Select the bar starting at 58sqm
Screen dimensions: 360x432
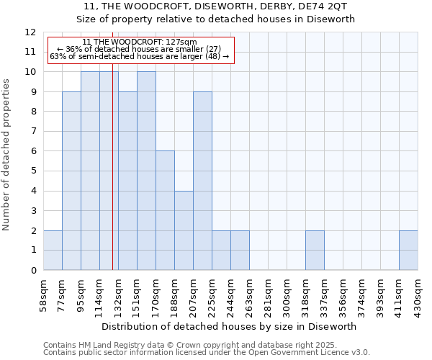[53, 251]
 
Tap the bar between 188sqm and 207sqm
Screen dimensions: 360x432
[184, 230]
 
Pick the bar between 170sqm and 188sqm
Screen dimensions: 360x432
[165, 210]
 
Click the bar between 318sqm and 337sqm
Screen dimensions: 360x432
[315, 251]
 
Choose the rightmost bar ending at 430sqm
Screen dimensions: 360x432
[408, 251]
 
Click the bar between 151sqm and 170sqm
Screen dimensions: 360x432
[146, 171]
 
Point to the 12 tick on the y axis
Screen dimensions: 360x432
[30, 32]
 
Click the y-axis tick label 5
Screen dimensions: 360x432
[33, 171]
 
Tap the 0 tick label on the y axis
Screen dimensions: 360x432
[33, 271]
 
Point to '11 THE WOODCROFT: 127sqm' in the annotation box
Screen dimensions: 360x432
[139, 42]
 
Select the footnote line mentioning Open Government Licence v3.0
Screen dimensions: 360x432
[207, 353]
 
